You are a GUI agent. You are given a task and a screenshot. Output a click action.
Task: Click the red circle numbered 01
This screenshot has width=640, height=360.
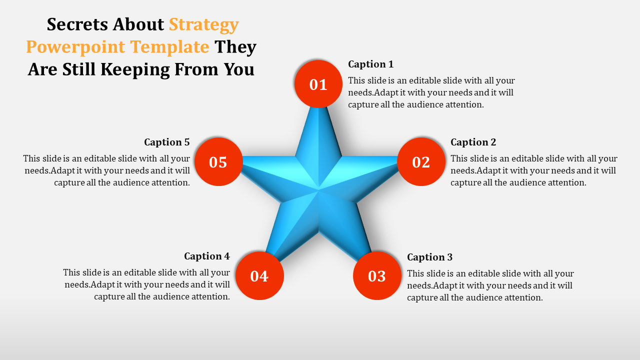coord(318,84)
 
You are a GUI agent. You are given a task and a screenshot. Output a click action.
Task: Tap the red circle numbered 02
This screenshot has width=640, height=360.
coord(421,161)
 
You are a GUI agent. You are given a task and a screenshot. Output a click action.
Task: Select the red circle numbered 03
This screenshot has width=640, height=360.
coord(377,275)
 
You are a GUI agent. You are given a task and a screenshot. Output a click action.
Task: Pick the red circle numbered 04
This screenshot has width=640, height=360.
coord(259,275)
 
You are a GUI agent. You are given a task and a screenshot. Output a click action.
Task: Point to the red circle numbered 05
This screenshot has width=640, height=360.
coord(218,161)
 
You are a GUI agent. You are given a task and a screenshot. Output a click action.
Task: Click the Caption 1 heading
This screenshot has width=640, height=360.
coord(371,64)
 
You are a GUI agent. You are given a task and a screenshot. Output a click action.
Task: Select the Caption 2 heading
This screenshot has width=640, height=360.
coord(473,142)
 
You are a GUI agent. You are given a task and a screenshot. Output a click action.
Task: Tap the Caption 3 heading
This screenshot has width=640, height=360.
coord(430,257)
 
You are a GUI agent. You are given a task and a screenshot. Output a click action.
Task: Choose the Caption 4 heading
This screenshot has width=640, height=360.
coord(207,256)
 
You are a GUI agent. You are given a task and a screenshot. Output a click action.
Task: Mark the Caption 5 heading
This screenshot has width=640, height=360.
coord(167,142)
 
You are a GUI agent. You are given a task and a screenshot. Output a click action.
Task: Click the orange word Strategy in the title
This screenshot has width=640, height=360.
coord(204,25)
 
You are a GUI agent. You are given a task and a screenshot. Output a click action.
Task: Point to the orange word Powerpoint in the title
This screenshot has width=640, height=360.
coord(75,47)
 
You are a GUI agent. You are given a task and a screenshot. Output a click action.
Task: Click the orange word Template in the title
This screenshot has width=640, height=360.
coord(169,47)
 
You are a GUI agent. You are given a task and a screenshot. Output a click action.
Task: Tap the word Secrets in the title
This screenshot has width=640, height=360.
coord(77,24)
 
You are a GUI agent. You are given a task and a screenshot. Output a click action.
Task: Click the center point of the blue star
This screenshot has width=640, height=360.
coord(318,189)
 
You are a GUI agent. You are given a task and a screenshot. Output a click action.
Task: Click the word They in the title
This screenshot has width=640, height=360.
coord(235,47)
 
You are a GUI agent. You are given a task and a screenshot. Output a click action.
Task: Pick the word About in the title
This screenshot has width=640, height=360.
coord(138,24)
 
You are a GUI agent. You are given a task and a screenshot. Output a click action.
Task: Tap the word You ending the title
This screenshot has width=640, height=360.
coord(239,69)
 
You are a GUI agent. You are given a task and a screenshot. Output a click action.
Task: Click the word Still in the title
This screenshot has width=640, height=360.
coord(79,69)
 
